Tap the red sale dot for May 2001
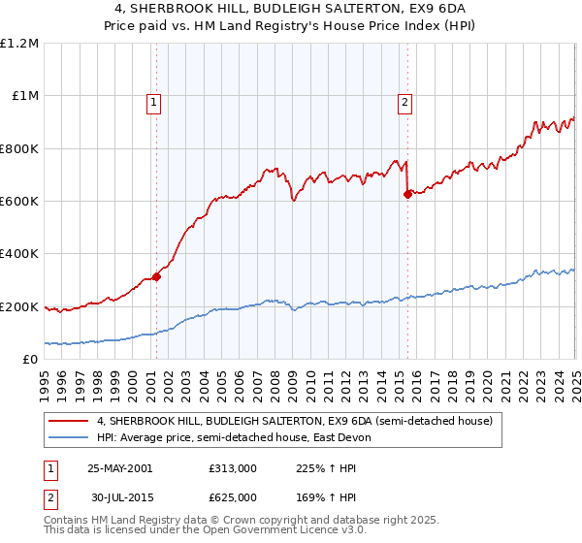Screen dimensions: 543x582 156,276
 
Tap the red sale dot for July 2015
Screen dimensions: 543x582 407,194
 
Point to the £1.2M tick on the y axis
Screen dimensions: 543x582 19,44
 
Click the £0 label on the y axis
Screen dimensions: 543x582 29,360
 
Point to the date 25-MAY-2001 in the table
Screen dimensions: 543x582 120,467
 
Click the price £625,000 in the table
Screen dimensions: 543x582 233,497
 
